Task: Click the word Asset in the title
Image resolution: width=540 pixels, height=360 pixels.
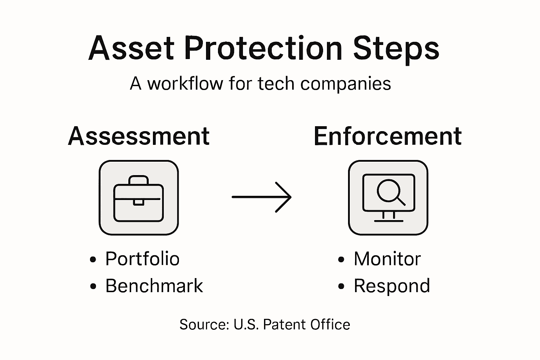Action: [x=131, y=48]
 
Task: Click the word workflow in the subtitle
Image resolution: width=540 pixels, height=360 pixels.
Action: [x=185, y=84]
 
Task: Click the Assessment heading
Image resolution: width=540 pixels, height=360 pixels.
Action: [x=139, y=136]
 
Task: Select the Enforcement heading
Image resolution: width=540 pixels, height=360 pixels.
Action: [x=387, y=136]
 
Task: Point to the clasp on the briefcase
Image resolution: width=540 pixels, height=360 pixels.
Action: [x=138, y=202]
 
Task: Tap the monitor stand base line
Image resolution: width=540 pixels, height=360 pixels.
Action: [x=388, y=221]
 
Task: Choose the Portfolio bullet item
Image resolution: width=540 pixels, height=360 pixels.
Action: [x=142, y=259]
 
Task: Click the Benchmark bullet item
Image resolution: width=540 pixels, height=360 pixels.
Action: [x=154, y=286]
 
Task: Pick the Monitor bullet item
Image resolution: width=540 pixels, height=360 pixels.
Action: [x=387, y=259]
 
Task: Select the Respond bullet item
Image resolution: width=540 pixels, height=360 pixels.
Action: [x=392, y=286]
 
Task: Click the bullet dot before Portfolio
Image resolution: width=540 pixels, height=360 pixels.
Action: [x=93, y=260]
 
